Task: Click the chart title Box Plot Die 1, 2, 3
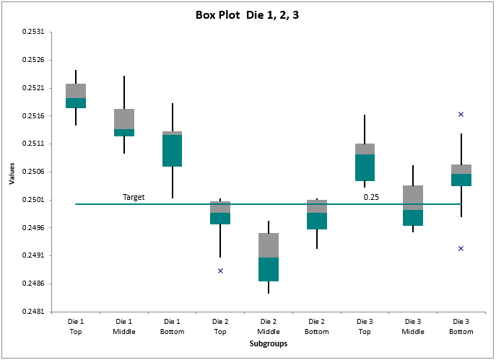click(x=247, y=14)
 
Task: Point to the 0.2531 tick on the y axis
click(x=33, y=32)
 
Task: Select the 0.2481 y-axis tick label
click(x=33, y=312)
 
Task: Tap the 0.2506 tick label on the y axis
click(x=33, y=172)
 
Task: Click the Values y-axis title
click(x=12, y=172)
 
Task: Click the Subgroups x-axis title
click(x=268, y=344)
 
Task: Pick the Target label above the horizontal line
click(x=134, y=197)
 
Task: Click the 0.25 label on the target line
click(x=371, y=197)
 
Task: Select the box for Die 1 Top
click(x=76, y=96)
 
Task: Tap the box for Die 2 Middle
click(x=269, y=257)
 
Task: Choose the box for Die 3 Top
click(x=365, y=162)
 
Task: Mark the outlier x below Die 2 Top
click(x=220, y=271)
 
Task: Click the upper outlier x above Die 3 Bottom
click(x=461, y=114)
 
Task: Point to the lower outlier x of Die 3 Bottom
click(x=461, y=248)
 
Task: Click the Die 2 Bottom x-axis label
click(x=316, y=326)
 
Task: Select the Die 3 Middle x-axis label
click(x=413, y=326)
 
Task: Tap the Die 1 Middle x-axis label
click(x=124, y=326)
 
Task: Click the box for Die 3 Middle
click(x=413, y=206)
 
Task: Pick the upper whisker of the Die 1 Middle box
click(x=124, y=92)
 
